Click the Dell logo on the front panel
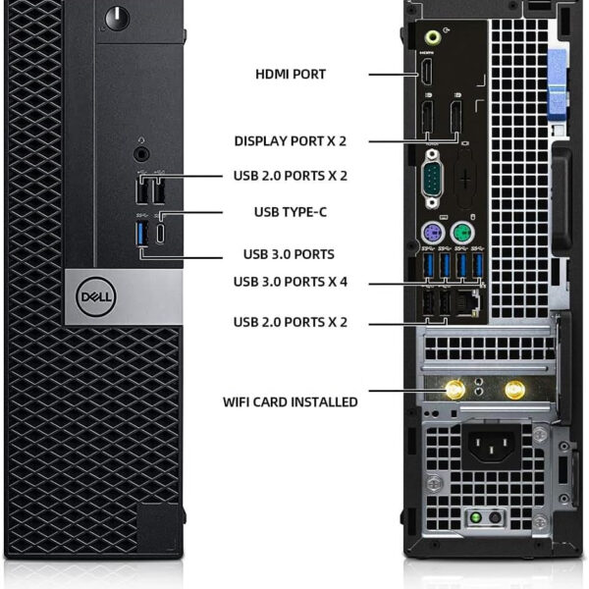coord(96,296)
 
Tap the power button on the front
coord(117,18)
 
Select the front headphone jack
coord(141,154)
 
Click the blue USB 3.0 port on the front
coord(142,234)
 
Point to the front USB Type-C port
coord(160,234)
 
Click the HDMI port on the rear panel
coord(426,71)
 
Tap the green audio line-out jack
coord(432,37)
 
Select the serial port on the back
coord(432,179)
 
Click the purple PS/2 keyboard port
coord(433,234)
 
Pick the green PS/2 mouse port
coord(462,234)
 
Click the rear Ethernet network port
coord(467,302)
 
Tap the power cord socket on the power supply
coord(492,448)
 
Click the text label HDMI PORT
coord(291,74)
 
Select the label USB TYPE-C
coord(291,212)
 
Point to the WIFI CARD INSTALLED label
coord(291,402)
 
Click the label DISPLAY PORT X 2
coord(291,140)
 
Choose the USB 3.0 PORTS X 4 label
coord(291,282)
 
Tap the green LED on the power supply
coord(475,517)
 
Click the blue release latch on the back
coord(558,82)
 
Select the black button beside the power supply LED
coord(495,518)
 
